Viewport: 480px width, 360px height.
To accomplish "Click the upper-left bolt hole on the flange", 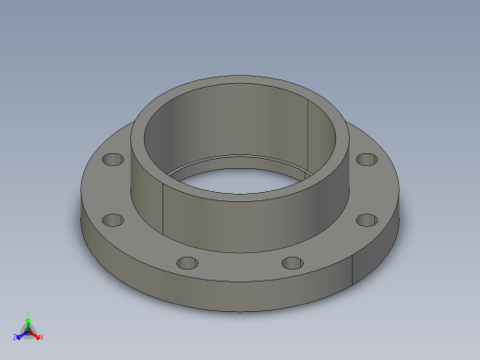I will pos(113,160).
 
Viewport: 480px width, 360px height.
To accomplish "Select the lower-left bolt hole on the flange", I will pos(114,220).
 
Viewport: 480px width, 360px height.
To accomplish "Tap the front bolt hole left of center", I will pos(186,263).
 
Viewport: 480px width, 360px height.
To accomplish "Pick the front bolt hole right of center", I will pos(293,263).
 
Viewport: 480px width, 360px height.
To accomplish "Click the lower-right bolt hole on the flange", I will pos(366,220).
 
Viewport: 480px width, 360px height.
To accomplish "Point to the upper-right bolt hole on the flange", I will pos(366,160).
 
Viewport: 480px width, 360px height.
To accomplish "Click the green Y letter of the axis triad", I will pos(29,313).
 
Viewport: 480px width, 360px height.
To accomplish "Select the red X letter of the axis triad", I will pos(42,337).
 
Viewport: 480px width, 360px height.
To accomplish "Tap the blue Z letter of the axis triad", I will pos(16,337).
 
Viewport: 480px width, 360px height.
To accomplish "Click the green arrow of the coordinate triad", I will pos(29,320).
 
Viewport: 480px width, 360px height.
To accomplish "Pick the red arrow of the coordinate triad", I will pos(36,333).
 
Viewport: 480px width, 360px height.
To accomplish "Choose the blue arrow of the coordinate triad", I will pos(21,333).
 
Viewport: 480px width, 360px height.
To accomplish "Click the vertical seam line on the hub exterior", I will pos(164,208).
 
